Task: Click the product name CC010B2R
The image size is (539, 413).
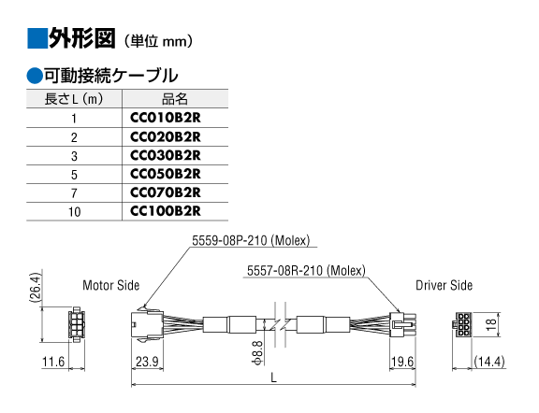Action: (x=166, y=118)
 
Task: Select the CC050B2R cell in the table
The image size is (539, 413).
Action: (x=166, y=174)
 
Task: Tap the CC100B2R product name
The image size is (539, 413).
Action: (x=166, y=211)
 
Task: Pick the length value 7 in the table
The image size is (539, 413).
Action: (x=74, y=193)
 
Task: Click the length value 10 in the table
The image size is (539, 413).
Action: (x=74, y=212)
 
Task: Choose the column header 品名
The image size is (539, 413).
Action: (x=175, y=99)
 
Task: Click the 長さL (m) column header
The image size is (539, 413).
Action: (x=74, y=99)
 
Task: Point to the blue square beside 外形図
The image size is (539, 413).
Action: (x=37, y=37)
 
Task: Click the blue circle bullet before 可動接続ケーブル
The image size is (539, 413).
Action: (x=35, y=75)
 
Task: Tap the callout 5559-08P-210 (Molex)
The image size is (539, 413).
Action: (x=251, y=240)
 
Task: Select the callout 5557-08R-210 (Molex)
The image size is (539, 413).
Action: (x=306, y=271)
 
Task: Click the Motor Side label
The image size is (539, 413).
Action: (x=111, y=285)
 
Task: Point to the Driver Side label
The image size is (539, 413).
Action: (x=444, y=285)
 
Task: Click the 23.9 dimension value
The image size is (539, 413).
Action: (x=147, y=362)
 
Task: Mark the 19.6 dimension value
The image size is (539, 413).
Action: (x=402, y=362)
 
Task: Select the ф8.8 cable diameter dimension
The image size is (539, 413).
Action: (x=258, y=352)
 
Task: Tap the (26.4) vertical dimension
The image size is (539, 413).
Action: (x=36, y=288)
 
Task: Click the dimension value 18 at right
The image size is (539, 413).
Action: (x=491, y=322)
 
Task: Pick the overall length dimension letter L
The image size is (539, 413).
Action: (x=273, y=378)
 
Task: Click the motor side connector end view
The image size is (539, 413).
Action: (x=77, y=324)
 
